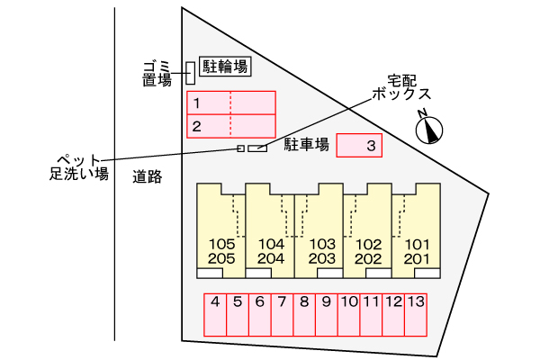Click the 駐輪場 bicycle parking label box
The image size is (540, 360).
tap(225, 66)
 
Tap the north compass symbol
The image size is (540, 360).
tap(428, 129)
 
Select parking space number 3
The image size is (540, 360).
tap(359, 146)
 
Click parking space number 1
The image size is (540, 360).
tap(231, 103)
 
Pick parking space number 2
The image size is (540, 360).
tap(231, 126)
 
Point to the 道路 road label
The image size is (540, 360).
tap(148, 176)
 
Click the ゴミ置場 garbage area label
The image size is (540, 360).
tap(157, 74)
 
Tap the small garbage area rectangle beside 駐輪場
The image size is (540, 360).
tap(191, 73)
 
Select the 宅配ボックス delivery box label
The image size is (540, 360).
tap(401, 87)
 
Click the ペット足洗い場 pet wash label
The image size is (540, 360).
tap(79, 167)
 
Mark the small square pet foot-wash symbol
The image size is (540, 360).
tap(240, 148)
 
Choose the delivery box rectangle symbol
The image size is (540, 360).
tap(257, 148)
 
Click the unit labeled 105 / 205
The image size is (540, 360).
tap(220, 230)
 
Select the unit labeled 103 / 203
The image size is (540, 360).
tap(319, 230)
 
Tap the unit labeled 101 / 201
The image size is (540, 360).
tap(417, 230)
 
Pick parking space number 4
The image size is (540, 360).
tap(215, 314)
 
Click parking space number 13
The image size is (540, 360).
tap(416, 314)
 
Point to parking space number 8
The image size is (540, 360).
tap(304, 314)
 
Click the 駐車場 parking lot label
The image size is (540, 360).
tap(307, 145)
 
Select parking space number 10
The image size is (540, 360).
tap(349, 314)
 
